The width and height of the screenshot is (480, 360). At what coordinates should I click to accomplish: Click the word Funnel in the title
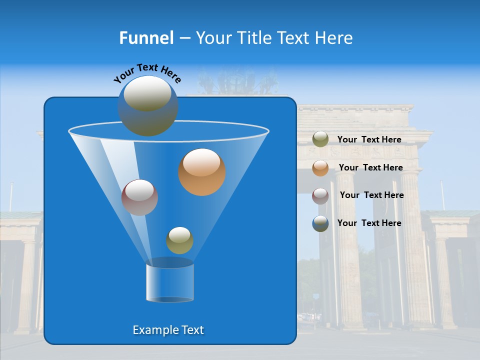[x=146, y=38]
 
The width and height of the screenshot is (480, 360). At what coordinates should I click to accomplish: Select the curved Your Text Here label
[x=147, y=72]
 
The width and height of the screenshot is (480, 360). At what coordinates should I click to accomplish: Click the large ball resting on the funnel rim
[x=147, y=105]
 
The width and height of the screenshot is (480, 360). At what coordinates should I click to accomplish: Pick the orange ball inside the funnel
[x=202, y=172]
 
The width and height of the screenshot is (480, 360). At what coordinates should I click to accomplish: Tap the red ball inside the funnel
[x=139, y=197]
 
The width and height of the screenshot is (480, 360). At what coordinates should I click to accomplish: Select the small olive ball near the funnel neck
[x=179, y=240]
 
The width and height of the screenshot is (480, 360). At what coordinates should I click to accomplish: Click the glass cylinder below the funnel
[x=170, y=282]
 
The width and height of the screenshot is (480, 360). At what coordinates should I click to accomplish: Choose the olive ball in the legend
[x=320, y=139]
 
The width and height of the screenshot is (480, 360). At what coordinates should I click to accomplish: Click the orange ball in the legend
[x=320, y=168]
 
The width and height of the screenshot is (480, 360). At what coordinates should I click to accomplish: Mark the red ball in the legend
[x=320, y=195]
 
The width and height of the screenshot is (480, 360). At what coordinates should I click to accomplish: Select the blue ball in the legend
[x=320, y=223]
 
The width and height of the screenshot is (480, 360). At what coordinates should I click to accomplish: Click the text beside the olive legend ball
[x=369, y=140]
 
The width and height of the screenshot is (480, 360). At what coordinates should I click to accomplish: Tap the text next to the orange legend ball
[x=370, y=168]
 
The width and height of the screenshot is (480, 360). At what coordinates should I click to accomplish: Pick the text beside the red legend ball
[x=371, y=195]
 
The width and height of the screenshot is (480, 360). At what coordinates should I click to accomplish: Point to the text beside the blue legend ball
[x=369, y=223]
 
